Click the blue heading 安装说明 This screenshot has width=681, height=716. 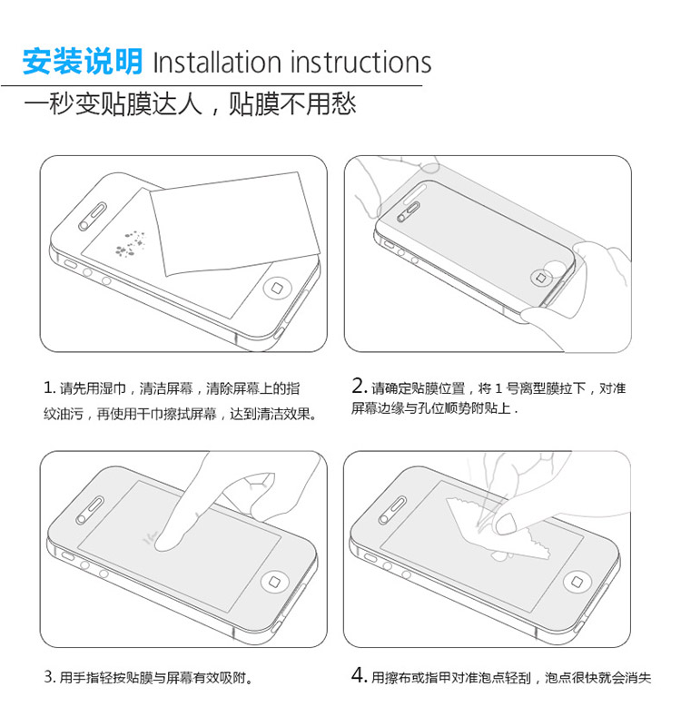[83, 61]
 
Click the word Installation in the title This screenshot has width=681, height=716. [217, 62]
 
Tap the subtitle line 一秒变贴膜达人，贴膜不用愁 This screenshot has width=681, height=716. [190, 104]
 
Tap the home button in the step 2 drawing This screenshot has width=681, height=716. [540, 278]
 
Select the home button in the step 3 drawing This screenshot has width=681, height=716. [274, 582]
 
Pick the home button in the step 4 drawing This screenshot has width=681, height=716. [577, 582]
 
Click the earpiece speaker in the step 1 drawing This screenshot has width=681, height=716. [92, 217]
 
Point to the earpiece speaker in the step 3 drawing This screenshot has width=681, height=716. [90, 510]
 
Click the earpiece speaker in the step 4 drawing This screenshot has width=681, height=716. [392, 510]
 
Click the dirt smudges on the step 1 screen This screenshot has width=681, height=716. [130, 243]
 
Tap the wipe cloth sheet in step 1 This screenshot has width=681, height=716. [234, 223]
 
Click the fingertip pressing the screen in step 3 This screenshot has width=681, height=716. [169, 539]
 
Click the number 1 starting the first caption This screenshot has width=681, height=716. [47, 387]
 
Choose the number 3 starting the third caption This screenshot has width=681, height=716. [48, 676]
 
